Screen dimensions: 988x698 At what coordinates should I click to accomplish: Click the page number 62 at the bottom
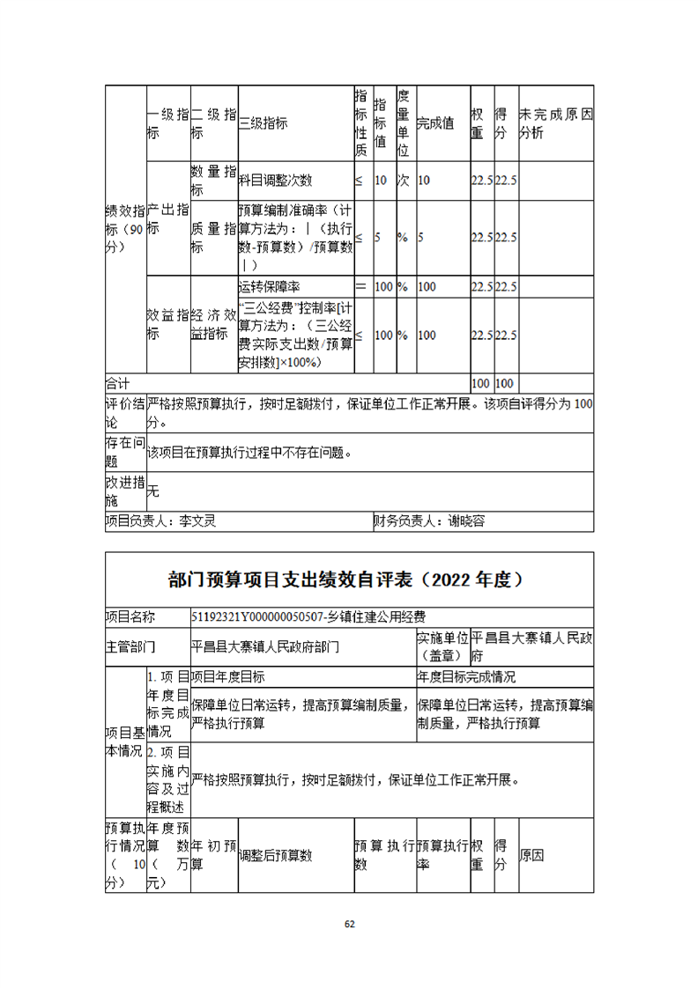point(349,924)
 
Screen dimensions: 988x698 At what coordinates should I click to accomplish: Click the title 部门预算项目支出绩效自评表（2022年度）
point(349,579)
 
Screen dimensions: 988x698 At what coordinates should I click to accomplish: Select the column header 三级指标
point(263,124)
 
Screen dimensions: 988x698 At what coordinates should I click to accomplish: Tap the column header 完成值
point(434,124)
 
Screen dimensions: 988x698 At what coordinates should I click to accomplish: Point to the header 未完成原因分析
point(555,124)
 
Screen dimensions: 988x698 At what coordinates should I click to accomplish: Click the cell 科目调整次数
point(276,181)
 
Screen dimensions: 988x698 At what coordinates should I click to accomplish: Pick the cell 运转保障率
point(270,287)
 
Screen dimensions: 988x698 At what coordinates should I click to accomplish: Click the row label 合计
point(117,384)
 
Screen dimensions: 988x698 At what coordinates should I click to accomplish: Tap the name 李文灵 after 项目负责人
point(197,521)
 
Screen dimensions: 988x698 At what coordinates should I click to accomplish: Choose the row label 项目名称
point(130,616)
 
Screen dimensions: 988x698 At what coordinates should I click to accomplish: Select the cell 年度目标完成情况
point(466,677)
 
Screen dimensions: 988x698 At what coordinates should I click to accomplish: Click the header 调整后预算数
point(276,856)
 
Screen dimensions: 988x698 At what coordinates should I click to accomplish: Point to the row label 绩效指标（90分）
point(124,229)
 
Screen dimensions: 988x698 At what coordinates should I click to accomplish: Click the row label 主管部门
point(130,646)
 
